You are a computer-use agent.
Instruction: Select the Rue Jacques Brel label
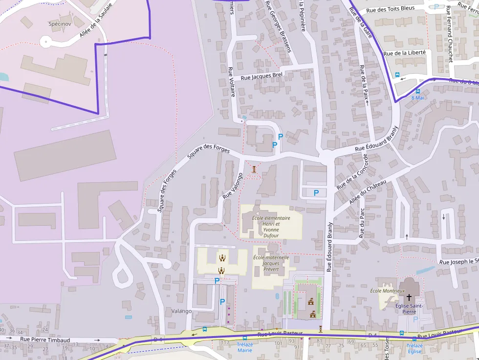tap(262, 76)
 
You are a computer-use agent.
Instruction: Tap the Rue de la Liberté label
tap(404, 53)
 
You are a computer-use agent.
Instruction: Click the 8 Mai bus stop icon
tap(417, 91)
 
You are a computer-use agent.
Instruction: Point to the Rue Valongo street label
tap(233, 186)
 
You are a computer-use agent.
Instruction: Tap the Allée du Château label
tap(368, 193)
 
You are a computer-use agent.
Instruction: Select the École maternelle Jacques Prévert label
tap(271, 263)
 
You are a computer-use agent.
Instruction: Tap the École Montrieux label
tap(387, 291)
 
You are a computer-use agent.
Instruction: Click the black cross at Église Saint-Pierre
tap(409, 297)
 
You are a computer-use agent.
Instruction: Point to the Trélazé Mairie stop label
tap(244, 347)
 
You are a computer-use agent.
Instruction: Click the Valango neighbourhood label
tap(181, 311)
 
